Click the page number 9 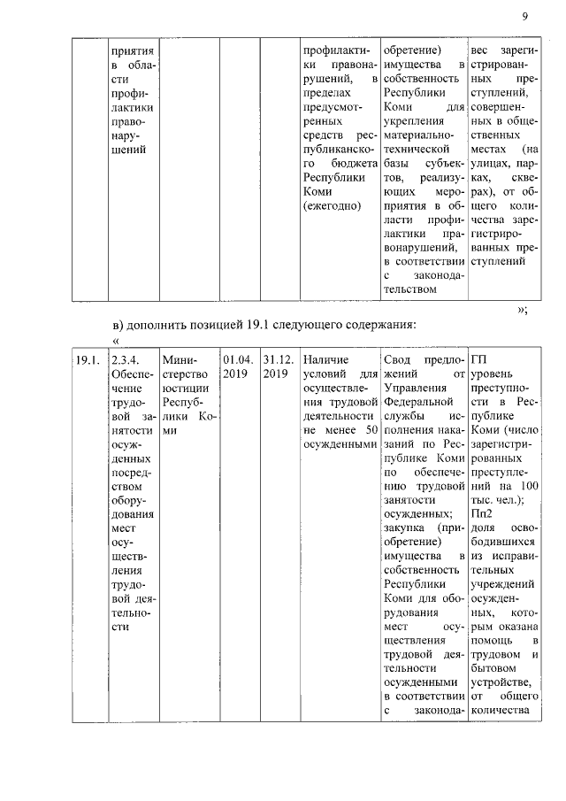pyautogui.click(x=524, y=17)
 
